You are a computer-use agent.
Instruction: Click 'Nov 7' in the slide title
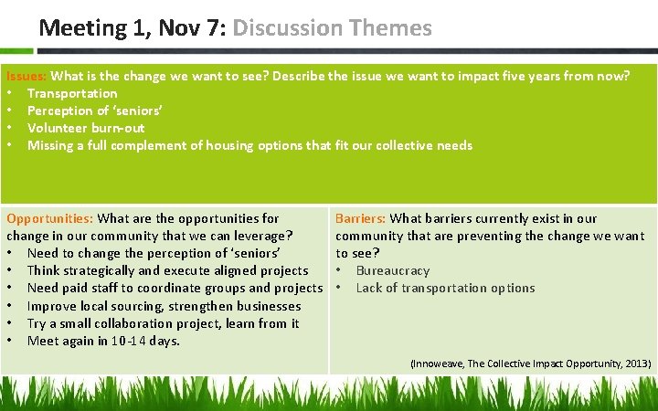(193, 28)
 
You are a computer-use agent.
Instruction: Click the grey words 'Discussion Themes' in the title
(332, 28)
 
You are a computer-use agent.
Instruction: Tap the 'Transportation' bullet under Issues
(72, 93)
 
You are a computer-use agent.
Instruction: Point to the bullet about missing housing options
(249, 145)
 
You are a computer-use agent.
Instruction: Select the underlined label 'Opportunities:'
(49, 218)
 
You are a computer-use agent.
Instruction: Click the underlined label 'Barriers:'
(360, 218)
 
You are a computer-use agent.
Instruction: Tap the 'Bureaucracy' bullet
(392, 270)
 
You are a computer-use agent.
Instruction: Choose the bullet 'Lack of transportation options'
(445, 288)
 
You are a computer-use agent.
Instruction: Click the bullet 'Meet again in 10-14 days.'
(103, 341)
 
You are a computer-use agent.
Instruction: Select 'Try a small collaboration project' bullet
(163, 323)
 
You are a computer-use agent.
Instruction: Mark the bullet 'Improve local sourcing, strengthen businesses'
(164, 306)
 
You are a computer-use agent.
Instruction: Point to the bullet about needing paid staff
(175, 288)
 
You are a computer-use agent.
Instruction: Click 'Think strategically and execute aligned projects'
(167, 270)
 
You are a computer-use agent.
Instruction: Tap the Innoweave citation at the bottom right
(530, 364)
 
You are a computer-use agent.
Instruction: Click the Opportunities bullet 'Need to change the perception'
(153, 253)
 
